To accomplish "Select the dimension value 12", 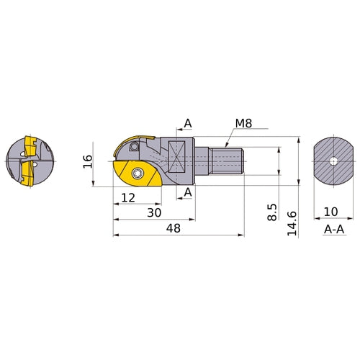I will click(129, 197).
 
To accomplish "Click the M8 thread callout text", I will click(245, 125).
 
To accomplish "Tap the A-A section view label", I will click(333, 229).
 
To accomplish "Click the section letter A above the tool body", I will click(187, 124).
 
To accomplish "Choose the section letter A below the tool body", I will click(187, 192).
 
